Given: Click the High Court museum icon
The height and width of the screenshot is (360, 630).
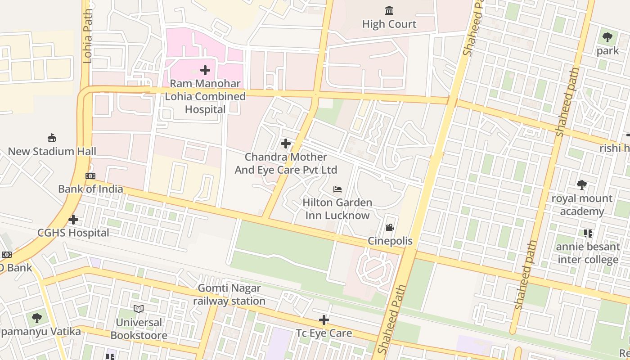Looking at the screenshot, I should (389, 10).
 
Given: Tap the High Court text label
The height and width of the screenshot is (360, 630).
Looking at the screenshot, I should (389, 24).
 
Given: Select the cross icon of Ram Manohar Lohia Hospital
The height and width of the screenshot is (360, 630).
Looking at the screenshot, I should (205, 70).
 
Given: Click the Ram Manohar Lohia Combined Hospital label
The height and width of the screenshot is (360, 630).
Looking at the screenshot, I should (205, 96).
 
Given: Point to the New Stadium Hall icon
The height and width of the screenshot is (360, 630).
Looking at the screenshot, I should (52, 138).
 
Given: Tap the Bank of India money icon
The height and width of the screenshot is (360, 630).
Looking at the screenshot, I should (90, 176).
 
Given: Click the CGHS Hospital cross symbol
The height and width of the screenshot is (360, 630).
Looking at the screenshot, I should (73, 220).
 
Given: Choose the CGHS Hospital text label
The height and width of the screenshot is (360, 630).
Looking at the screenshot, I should (73, 233).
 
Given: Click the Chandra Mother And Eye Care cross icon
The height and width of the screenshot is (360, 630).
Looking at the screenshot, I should (286, 144).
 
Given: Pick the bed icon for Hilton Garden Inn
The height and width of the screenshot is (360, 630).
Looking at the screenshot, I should (337, 189).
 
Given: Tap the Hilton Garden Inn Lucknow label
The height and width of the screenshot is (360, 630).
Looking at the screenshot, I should (337, 209).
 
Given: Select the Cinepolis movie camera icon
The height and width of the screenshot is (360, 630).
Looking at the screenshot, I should (390, 228).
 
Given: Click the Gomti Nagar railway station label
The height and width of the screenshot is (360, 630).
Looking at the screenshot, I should (229, 294).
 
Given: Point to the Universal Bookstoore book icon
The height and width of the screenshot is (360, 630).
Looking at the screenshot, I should (139, 309).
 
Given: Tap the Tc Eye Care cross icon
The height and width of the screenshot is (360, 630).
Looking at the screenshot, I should (324, 320).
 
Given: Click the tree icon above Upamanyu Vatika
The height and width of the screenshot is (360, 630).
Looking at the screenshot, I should (37, 318).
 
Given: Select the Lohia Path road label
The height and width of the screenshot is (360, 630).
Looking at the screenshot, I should (88, 36).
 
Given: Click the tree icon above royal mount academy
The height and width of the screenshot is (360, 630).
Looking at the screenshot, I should (582, 184).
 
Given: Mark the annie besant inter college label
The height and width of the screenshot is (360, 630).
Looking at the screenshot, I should (588, 253).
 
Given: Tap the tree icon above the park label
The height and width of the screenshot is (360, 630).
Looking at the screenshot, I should (607, 37).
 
